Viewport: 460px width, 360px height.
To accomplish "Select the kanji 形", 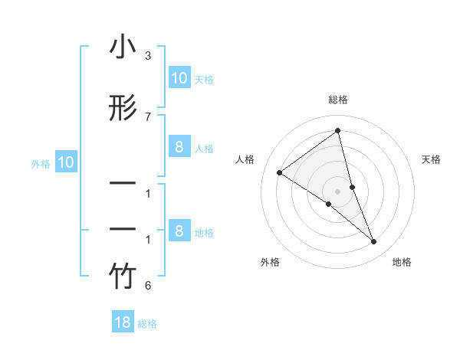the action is click(123, 108).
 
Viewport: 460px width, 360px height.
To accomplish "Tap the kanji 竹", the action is click(123, 277).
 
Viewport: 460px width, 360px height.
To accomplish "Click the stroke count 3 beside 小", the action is click(147, 57).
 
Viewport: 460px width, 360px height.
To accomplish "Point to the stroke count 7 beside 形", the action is click(147, 116).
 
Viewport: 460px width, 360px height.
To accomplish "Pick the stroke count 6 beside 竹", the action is click(147, 286).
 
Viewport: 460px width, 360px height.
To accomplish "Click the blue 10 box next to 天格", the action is click(179, 78).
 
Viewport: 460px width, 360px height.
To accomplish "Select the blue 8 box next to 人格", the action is click(179, 147).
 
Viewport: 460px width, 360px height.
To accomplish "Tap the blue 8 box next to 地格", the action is click(179, 231).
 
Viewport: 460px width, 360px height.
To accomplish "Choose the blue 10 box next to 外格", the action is click(66, 162).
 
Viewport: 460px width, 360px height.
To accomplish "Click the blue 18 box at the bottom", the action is click(123, 322).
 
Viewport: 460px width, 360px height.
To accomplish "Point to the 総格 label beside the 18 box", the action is click(147, 324).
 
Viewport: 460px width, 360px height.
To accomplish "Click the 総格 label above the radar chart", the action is click(337, 100).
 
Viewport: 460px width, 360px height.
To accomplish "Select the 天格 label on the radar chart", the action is click(431, 159).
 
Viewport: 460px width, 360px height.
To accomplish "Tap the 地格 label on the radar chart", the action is click(402, 262).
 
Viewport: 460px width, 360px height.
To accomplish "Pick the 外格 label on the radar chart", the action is click(270, 262).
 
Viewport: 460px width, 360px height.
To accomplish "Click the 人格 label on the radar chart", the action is click(245, 159).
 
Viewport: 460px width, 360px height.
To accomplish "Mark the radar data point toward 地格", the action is click(374, 242).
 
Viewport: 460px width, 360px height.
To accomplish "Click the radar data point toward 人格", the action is click(279, 172).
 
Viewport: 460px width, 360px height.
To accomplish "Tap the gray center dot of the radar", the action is click(337, 191).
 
